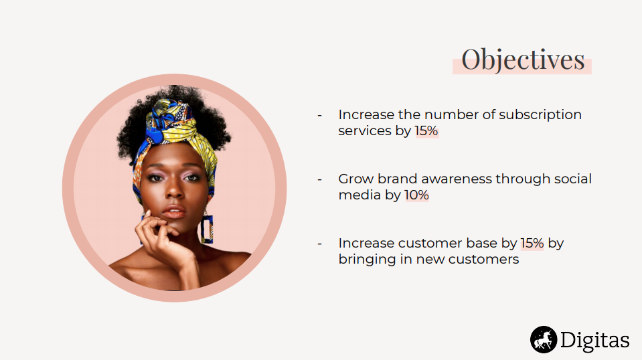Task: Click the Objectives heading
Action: (x=523, y=60)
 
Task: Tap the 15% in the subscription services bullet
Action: (x=426, y=130)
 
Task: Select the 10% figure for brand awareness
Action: (x=416, y=195)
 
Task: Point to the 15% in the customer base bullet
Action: (x=532, y=243)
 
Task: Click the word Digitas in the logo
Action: (x=594, y=340)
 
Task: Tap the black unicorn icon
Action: (x=544, y=339)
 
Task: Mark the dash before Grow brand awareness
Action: (x=319, y=179)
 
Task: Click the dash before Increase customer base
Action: (x=319, y=244)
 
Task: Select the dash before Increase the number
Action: (x=319, y=115)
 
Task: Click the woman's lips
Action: (x=174, y=213)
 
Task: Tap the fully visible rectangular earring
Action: (x=207, y=229)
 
